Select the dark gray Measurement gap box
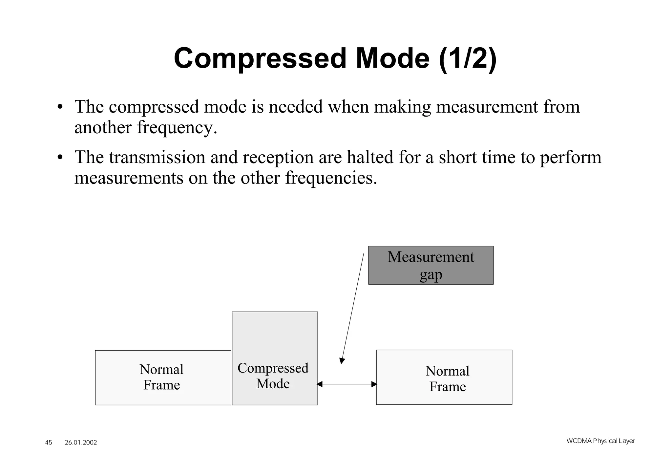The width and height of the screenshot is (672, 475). click(x=430, y=265)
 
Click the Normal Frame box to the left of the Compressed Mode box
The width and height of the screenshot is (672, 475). click(x=163, y=378)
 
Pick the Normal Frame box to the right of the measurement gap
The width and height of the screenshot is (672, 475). click(x=444, y=378)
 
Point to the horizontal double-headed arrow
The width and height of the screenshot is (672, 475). click(x=347, y=384)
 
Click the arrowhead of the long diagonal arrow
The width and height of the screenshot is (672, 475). click(x=342, y=361)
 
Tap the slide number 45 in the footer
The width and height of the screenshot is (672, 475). click(x=49, y=443)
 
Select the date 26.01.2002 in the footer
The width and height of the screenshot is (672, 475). click(x=81, y=443)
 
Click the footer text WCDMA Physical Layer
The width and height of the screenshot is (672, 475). click(x=600, y=441)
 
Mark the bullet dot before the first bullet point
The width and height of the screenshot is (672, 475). click(x=59, y=108)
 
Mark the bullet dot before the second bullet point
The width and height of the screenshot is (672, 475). click(x=59, y=158)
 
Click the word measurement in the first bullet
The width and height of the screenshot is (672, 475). click(x=487, y=107)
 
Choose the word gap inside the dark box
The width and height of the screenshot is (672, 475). click(x=430, y=274)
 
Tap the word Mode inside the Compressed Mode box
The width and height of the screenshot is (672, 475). click(x=273, y=383)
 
